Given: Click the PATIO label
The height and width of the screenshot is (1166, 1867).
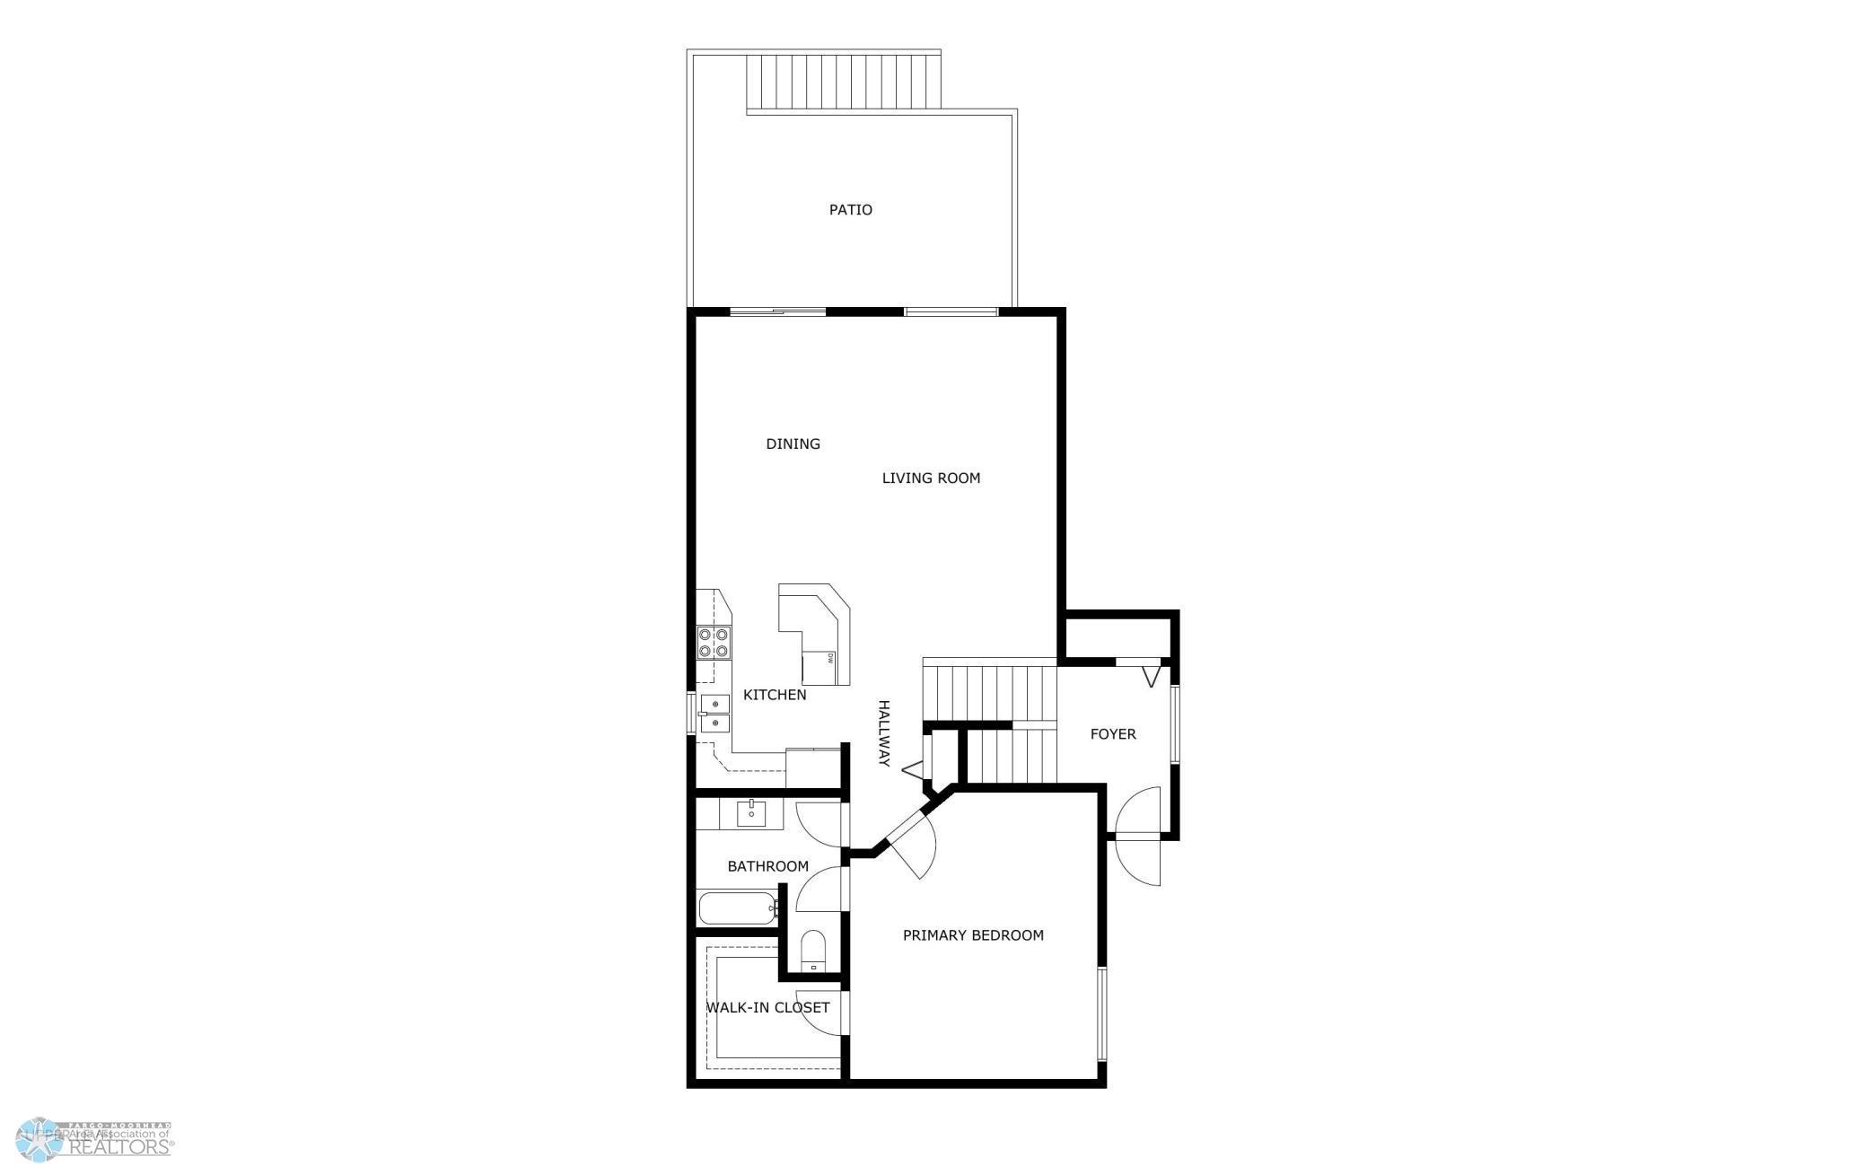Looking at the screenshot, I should tap(850, 210).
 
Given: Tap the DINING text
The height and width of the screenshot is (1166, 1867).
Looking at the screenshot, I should tap(793, 443).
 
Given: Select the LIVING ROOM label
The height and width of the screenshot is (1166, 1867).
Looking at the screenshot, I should tap(931, 478).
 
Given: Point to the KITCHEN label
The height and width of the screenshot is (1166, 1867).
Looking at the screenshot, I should tap(775, 695).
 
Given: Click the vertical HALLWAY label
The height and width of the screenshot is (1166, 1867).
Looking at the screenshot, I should tap(883, 732).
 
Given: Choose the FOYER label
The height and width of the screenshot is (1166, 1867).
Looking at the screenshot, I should tap(1113, 734).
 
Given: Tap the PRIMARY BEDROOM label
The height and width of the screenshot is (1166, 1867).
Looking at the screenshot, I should tap(973, 935).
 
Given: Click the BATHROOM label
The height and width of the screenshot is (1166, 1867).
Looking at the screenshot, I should tap(767, 866).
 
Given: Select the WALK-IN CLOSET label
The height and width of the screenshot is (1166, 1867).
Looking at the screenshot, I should tap(767, 1007).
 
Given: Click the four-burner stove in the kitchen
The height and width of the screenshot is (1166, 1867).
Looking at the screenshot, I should tap(714, 642).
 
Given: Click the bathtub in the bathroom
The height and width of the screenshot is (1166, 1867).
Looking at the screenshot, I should tap(737, 907).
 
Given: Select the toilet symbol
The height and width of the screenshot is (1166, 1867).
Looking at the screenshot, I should tap(812, 950).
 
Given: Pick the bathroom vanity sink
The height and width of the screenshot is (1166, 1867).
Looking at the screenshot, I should tap(751, 813).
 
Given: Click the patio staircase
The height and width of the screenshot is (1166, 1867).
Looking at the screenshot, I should tap(844, 83).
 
